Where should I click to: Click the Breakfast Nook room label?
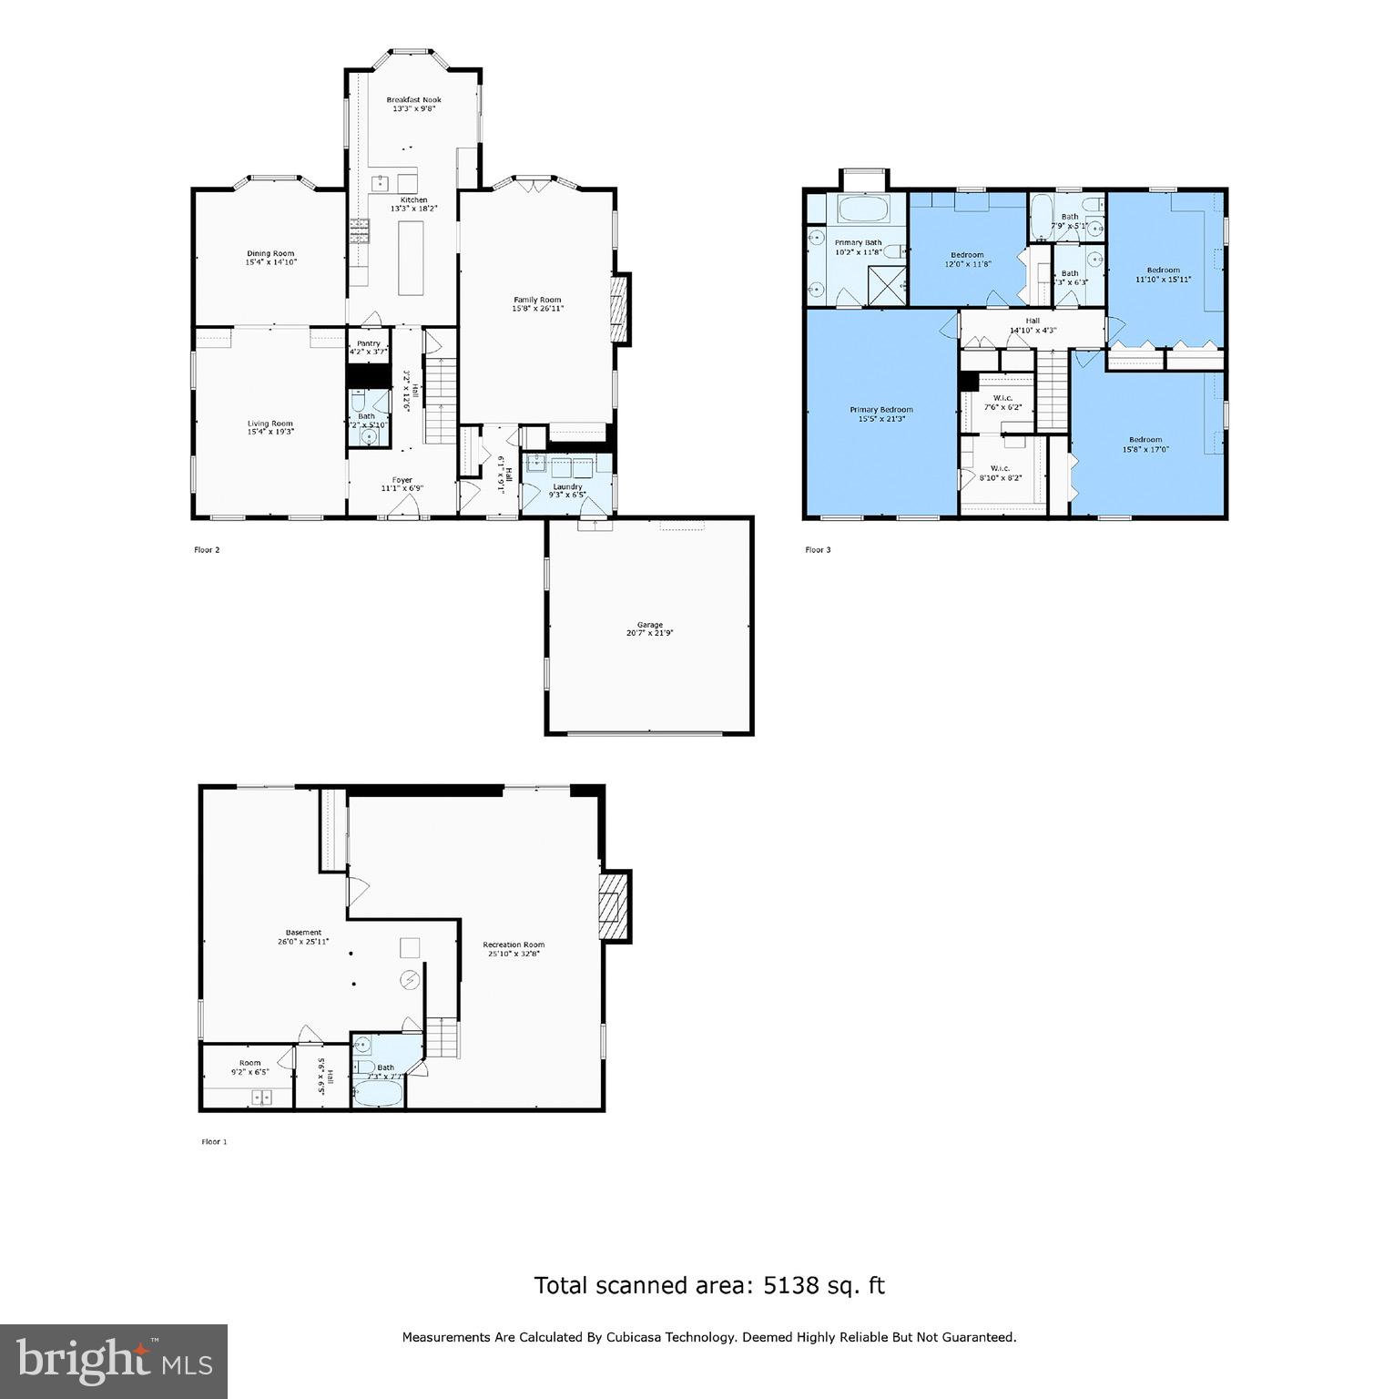click(413, 104)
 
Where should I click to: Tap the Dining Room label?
click(270, 258)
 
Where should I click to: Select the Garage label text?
click(649, 628)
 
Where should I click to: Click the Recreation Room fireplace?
click(615, 905)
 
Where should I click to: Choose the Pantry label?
click(368, 347)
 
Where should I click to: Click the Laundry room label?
click(567, 490)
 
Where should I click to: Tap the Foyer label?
click(402, 484)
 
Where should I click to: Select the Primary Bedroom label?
click(880, 414)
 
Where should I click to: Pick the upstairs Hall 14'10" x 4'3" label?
click(1033, 325)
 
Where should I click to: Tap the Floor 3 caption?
click(818, 550)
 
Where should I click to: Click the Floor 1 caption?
click(214, 1141)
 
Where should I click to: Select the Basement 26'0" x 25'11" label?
click(303, 937)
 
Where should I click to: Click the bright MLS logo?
click(114, 1361)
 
